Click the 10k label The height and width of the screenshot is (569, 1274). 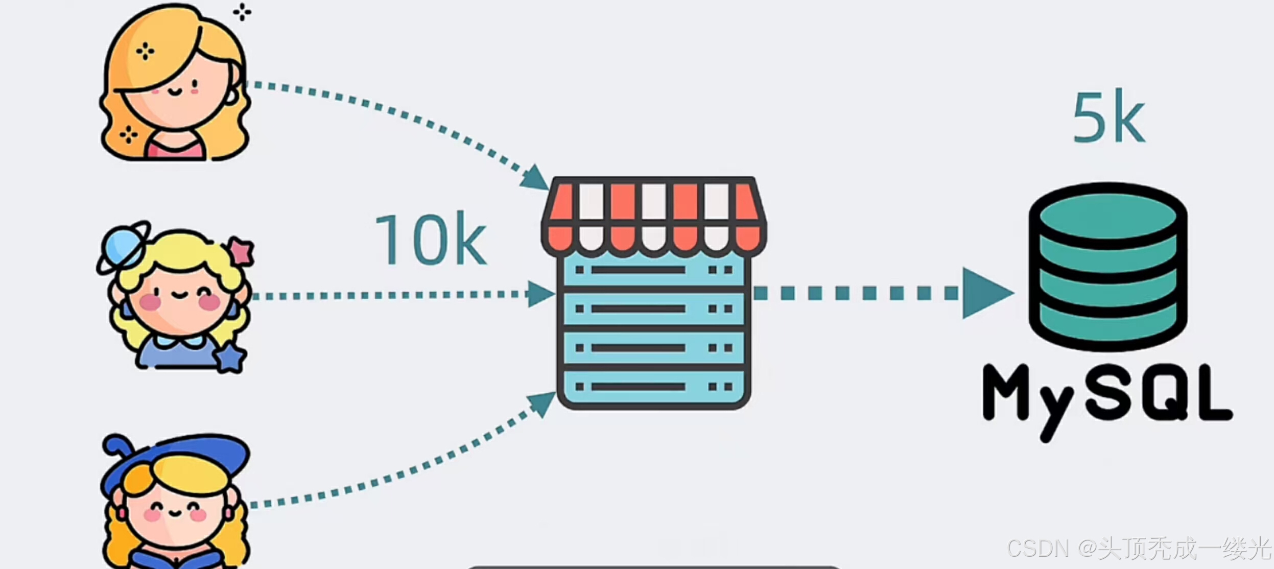(x=431, y=239)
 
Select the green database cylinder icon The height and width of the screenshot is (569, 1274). (x=1107, y=267)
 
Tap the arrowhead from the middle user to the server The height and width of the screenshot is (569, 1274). (x=540, y=294)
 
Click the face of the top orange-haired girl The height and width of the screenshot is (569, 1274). (x=176, y=94)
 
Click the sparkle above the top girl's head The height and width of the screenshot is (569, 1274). (x=242, y=12)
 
